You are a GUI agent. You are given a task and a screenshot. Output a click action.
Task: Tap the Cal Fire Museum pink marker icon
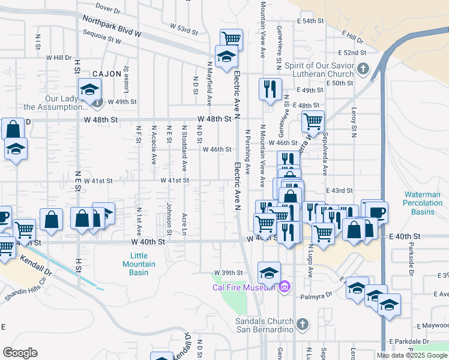click(x=285, y=287)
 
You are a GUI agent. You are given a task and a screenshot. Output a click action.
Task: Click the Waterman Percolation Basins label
click(x=427, y=203)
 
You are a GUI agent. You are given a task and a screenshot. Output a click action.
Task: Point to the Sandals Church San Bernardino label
click(x=268, y=325)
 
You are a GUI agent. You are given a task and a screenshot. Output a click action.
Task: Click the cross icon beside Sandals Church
click(x=303, y=325)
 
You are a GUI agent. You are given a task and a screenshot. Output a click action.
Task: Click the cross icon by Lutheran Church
click(x=362, y=69)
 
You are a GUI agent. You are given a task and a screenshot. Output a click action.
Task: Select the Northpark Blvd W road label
click(x=112, y=26)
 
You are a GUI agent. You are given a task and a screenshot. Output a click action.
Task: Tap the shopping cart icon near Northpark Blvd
click(x=232, y=38)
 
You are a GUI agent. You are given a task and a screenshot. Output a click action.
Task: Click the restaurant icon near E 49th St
click(x=270, y=89)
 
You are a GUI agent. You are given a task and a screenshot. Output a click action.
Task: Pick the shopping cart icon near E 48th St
click(x=313, y=121)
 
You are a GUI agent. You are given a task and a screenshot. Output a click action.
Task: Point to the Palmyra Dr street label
click(x=319, y=295)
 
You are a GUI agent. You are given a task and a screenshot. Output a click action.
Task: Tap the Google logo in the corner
click(x=20, y=353)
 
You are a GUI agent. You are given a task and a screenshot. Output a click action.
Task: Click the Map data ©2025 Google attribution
click(x=411, y=355)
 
